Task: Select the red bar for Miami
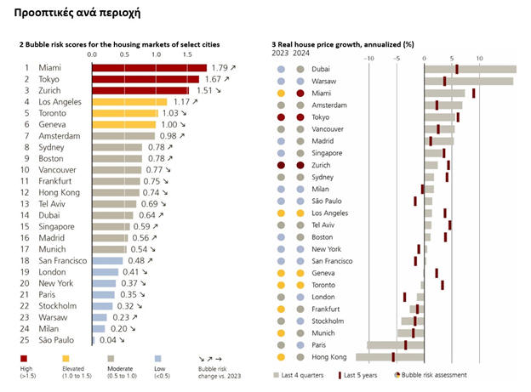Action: click(x=149, y=68)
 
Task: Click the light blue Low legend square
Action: click(x=158, y=359)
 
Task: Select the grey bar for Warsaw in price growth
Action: click(x=469, y=81)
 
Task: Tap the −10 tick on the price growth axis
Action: click(x=368, y=58)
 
